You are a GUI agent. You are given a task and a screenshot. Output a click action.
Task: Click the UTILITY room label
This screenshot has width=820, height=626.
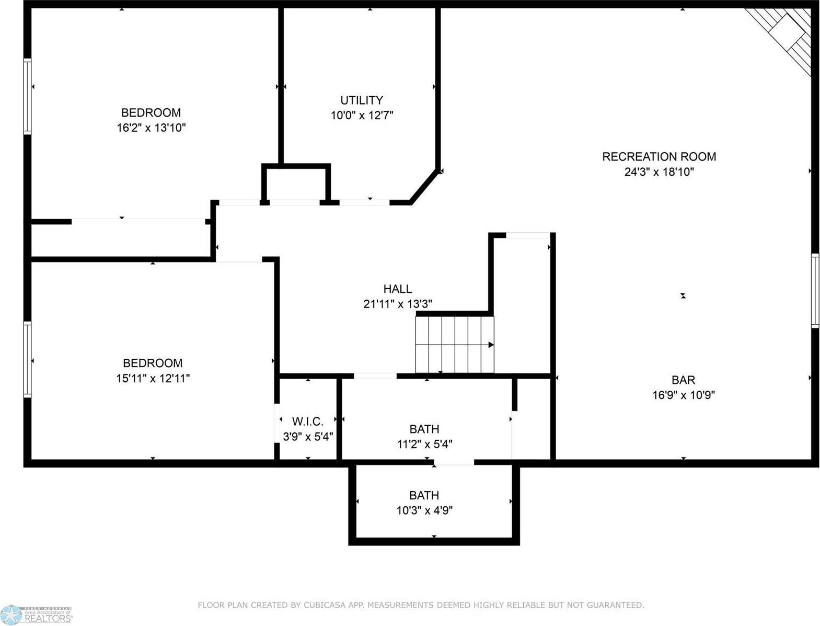[x=362, y=100]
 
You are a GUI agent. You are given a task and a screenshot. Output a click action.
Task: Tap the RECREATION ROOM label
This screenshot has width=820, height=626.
[x=659, y=156]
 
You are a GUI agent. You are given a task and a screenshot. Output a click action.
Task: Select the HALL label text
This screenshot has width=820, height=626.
[x=397, y=289]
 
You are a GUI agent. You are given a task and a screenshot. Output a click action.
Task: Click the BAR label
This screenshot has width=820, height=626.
[x=683, y=380]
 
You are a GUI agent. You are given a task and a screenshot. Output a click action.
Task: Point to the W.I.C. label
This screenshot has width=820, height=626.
[x=307, y=421]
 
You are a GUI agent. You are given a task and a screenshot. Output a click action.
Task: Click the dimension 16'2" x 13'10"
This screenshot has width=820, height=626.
[x=151, y=128]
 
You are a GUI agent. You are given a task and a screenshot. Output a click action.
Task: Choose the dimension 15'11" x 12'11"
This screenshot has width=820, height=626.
[x=153, y=378]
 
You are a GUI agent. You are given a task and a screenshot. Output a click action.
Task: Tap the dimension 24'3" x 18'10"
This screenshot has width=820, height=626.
[x=659, y=172]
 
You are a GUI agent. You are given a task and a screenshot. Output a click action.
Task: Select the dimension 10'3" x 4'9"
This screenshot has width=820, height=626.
[x=424, y=510]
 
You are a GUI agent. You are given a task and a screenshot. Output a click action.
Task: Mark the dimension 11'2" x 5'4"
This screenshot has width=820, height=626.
[x=424, y=445]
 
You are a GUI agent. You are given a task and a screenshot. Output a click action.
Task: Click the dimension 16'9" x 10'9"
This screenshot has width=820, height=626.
[x=683, y=395]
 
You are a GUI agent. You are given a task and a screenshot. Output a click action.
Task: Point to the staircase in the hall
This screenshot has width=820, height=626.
[x=454, y=345]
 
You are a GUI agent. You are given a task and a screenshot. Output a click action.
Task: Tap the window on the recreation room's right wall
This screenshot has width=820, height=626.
[x=815, y=291]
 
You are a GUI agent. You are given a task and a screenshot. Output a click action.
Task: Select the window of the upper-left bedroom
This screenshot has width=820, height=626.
[x=27, y=96]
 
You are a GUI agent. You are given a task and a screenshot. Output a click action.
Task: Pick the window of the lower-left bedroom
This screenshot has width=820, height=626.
[x=27, y=359]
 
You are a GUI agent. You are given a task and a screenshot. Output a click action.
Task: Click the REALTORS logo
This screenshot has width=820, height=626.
[x=37, y=615]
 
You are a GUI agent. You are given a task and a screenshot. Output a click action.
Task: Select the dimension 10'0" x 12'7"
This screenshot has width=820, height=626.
[x=362, y=115]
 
